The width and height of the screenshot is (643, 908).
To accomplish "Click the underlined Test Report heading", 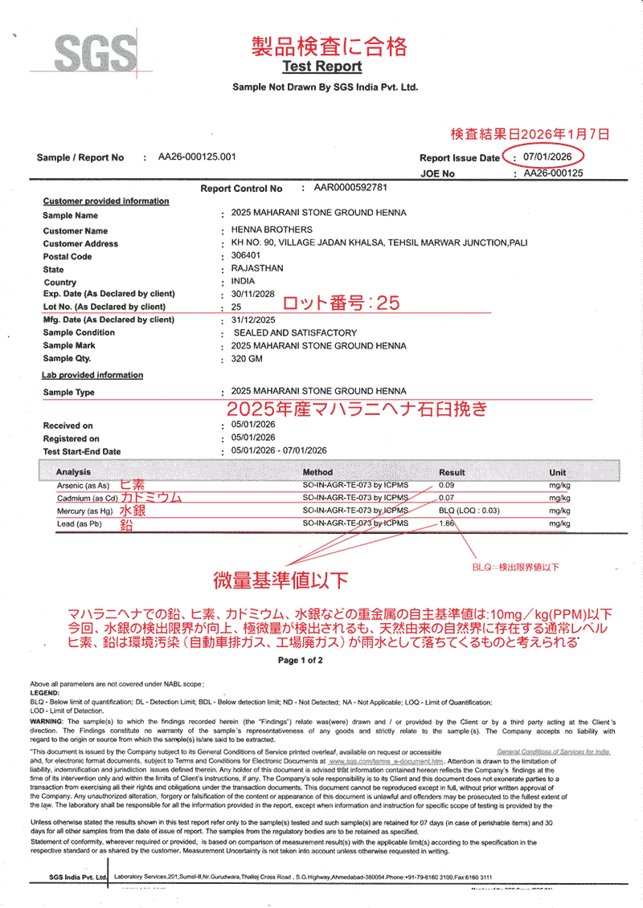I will coord(321,67).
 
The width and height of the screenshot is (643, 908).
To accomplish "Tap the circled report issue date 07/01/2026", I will coord(547,157).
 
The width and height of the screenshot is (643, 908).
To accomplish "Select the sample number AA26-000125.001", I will coord(197,157).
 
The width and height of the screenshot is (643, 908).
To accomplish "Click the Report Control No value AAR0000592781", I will coord(350,188).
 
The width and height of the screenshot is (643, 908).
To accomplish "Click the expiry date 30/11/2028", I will coord(253,294).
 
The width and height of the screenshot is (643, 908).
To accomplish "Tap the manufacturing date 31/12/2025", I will coord(254,320).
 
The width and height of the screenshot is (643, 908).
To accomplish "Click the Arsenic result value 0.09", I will coord(447,485).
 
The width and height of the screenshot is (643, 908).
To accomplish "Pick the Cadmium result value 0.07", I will coord(447,498).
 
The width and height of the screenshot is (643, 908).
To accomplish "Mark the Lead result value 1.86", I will coord(447,523).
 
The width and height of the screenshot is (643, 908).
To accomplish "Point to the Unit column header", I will coord(557,472).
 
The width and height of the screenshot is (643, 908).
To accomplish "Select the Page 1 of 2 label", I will coord(300,660).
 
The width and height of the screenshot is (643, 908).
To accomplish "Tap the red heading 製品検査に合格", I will coord(330,45).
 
